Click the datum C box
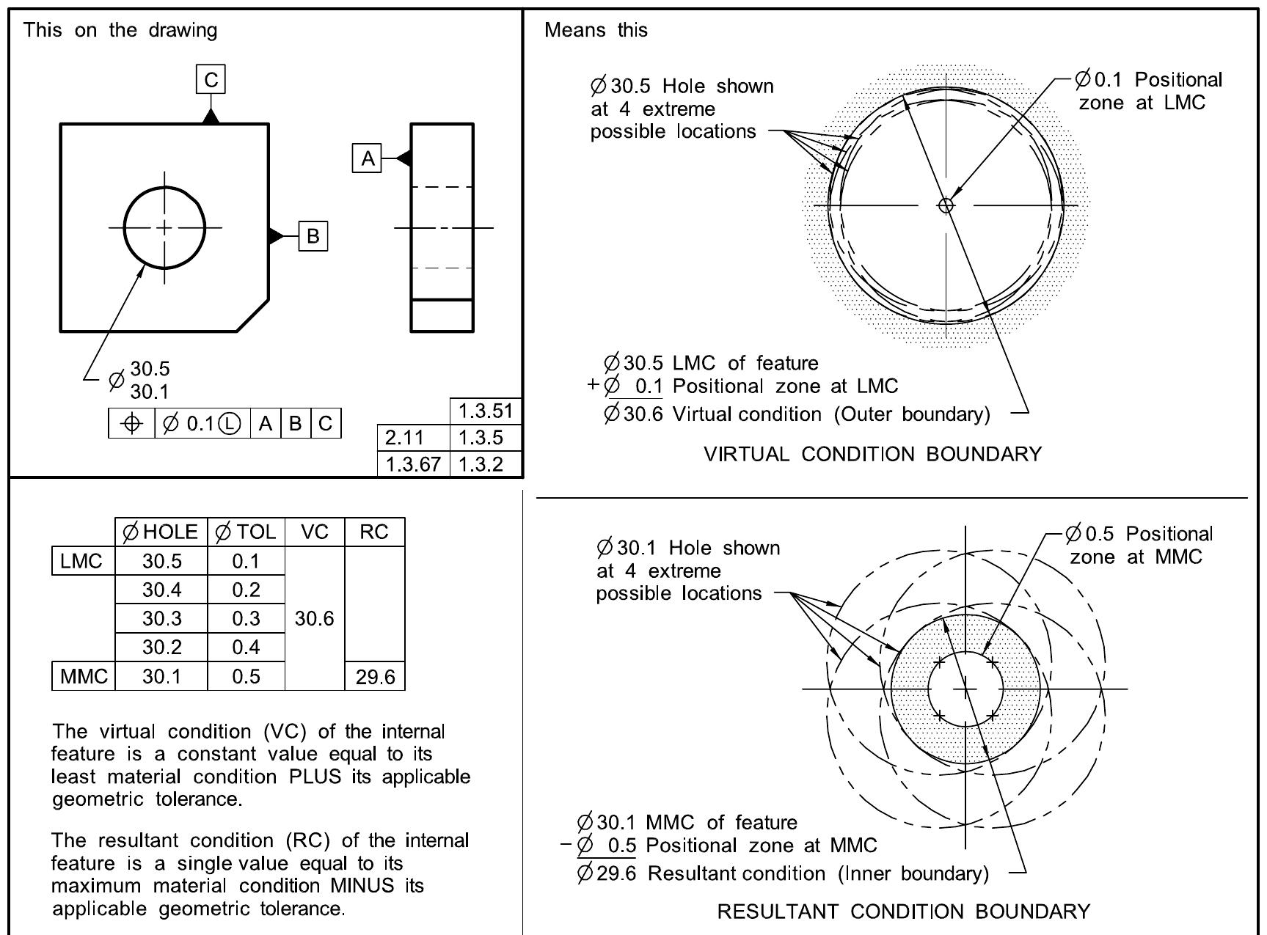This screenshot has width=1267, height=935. tap(211, 79)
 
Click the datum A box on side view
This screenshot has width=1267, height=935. tap(368, 158)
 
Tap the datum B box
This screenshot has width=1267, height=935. tap(313, 236)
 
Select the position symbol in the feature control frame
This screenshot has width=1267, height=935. tap(132, 423)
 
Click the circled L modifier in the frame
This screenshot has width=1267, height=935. tap(230, 423)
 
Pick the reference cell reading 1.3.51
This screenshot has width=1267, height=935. tap(485, 411)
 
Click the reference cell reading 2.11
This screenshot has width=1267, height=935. tap(405, 438)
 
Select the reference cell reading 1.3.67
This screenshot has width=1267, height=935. tap(413, 464)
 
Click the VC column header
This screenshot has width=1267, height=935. tap(314, 532)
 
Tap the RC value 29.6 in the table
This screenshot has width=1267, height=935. tap(375, 677)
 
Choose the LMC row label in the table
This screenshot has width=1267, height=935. tap(81, 561)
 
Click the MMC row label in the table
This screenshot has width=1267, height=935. tap(84, 676)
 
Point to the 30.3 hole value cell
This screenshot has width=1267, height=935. tap(161, 618)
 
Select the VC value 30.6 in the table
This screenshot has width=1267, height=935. tap(314, 618)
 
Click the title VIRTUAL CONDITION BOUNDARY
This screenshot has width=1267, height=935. tap(872, 454)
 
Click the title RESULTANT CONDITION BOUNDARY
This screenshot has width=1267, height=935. tap(903, 912)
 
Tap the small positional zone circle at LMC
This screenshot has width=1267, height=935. tap(946, 205)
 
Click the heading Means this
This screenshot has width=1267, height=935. tap(596, 30)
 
